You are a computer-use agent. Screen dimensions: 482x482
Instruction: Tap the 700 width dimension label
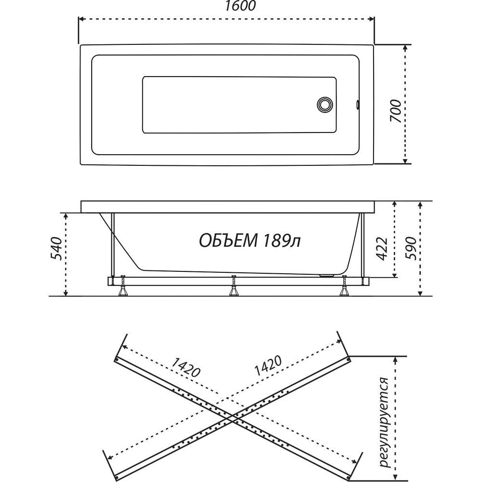(396, 111)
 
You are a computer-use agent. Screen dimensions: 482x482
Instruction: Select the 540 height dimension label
(56, 248)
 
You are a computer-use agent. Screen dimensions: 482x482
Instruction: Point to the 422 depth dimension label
(382, 249)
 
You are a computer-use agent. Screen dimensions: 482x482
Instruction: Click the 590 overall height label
(411, 249)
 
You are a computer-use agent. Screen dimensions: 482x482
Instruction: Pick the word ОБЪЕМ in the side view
(228, 241)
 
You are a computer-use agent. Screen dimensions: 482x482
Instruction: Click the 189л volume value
(281, 241)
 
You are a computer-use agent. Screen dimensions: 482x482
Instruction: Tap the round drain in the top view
(325, 104)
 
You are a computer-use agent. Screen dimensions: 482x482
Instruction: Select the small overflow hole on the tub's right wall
(358, 105)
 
